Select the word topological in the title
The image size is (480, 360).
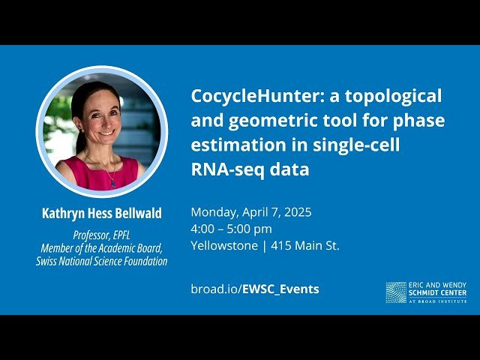click(x=392, y=96)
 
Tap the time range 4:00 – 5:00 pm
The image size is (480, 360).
click(x=231, y=229)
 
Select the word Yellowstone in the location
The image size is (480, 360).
click(x=223, y=245)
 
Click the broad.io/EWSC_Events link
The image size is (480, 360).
click(x=254, y=289)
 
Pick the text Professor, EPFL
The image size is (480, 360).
click(x=101, y=235)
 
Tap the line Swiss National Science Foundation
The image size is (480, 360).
click(x=101, y=261)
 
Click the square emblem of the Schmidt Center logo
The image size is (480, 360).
click(x=396, y=292)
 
